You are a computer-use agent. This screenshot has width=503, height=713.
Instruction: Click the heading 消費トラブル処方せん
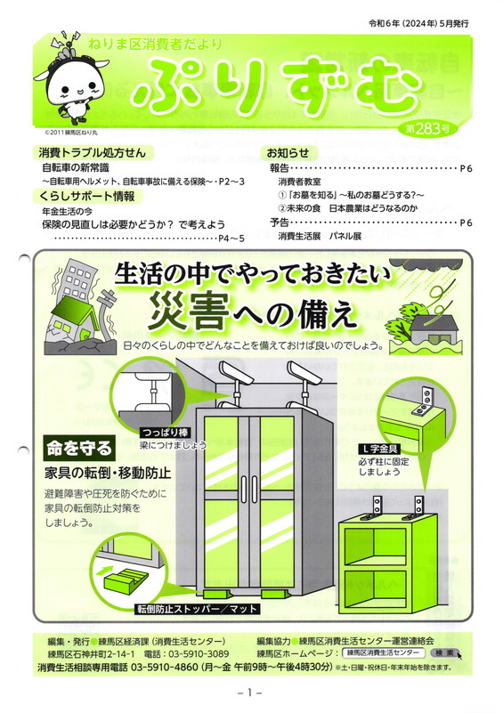(x=93, y=153)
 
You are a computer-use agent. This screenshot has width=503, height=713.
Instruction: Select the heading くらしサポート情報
(x=87, y=197)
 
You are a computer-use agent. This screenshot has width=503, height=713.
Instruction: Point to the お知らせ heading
(x=288, y=153)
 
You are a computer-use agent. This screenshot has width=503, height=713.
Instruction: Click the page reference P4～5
(x=231, y=239)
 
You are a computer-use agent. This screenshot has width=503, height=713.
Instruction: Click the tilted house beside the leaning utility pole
(x=72, y=317)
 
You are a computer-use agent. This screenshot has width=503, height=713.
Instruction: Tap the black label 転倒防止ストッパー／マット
(x=198, y=609)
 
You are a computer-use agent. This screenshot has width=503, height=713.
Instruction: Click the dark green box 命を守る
(x=79, y=449)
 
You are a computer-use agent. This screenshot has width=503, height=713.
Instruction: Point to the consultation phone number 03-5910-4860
(x=165, y=668)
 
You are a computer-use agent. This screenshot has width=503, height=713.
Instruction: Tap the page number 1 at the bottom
(x=249, y=693)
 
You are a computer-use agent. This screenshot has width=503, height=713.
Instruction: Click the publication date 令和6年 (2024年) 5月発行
(x=418, y=24)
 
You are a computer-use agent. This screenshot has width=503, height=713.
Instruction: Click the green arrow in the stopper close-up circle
(x=107, y=569)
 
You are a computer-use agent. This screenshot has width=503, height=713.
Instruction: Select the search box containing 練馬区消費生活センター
(x=383, y=653)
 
